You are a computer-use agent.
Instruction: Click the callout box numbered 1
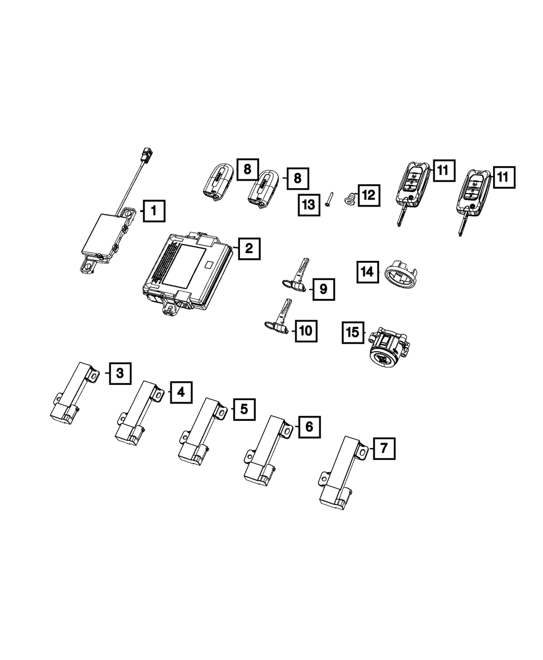pyautogui.click(x=154, y=210)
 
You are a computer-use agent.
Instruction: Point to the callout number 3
pyautogui.click(x=120, y=373)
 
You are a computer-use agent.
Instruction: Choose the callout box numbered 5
pyautogui.click(x=244, y=409)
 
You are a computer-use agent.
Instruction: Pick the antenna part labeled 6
pyautogui.click(x=266, y=449)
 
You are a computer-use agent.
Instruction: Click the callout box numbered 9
pyautogui.click(x=323, y=289)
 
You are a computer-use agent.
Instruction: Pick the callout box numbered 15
pyautogui.click(x=353, y=332)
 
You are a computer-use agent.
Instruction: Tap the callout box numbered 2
pyautogui.click(x=249, y=249)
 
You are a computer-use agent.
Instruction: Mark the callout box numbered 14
pyautogui.click(x=368, y=271)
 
